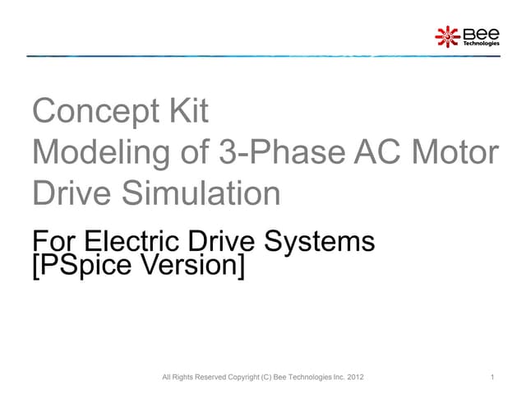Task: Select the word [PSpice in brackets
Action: click(x=78, y=267)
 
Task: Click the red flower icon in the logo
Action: click(x=446, y=35)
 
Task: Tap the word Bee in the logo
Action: click(x=482, y=33)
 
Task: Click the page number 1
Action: click(x=491, y=378)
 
